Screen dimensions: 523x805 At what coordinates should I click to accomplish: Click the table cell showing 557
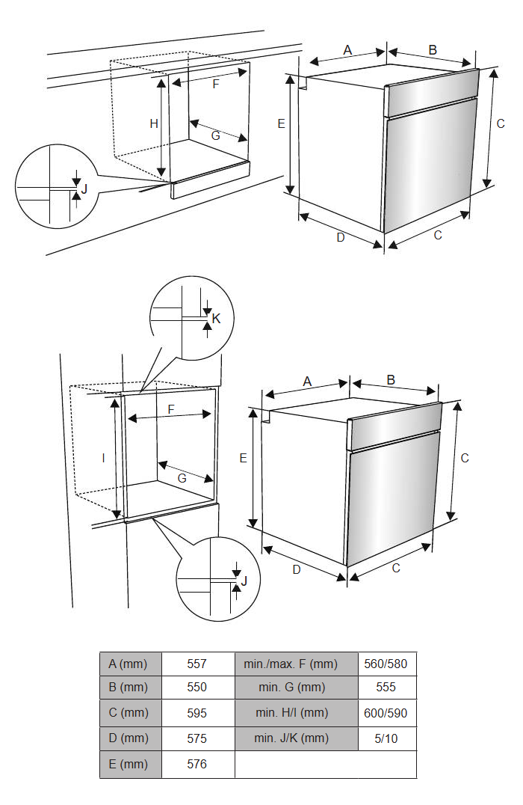[197, 664]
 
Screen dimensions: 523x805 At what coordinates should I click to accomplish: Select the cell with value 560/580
[386, 664]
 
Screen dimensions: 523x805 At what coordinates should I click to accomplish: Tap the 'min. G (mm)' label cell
[291, 687]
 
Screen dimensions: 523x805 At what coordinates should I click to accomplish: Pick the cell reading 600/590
[386, 713]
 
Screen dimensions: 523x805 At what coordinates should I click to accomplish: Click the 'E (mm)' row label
[129, 764]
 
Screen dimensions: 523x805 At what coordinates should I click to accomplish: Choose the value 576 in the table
[197, 764]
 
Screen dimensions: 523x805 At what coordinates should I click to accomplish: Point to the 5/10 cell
[386, 738]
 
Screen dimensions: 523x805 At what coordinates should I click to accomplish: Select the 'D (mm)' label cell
[129, 738]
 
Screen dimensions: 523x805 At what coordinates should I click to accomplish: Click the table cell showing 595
[197, 713]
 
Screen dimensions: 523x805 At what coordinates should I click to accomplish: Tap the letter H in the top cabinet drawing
[154, 123]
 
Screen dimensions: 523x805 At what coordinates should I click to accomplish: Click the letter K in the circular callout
[216, 319]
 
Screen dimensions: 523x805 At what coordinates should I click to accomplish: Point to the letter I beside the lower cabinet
[104, 458]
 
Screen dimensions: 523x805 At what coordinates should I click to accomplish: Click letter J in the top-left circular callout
[84, 189]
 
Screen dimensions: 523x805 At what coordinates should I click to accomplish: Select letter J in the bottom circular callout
[244, 581]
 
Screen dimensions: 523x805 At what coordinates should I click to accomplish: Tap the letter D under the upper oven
[341, 238]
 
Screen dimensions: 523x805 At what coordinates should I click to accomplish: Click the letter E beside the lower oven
[243, 458]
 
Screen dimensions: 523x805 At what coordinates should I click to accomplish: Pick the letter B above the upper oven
[433, 50]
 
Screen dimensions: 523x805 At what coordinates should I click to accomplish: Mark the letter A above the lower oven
[307, 382]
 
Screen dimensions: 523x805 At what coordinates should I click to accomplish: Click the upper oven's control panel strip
[432, 91]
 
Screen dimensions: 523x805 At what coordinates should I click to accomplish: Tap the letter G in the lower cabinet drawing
[182, 478]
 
